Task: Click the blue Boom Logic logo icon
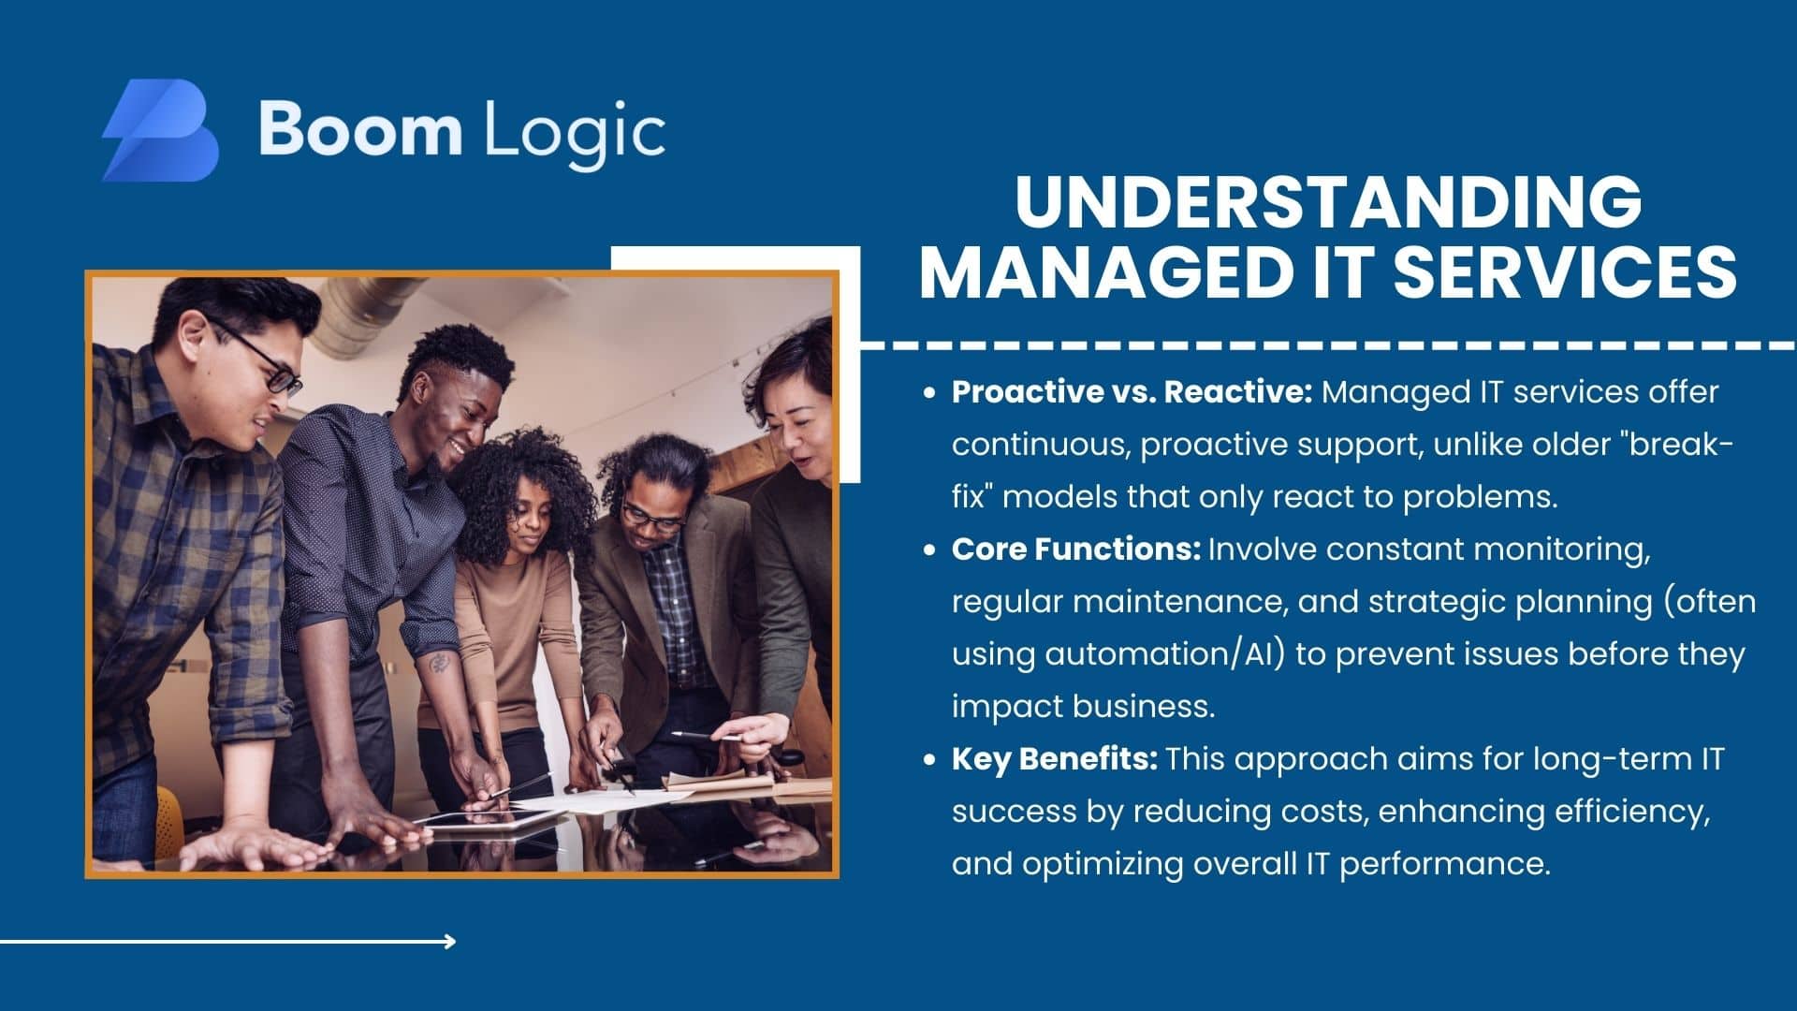click(x=160, y=130)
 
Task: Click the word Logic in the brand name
click(x=575, y=132)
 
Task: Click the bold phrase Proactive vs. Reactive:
click(x=1132, y=392)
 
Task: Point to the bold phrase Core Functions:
click(x=1076, y=549)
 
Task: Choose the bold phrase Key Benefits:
click(x=1055, y=759)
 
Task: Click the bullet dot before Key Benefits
click(x=929, y=760)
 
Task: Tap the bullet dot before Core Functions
click(x=929, y=550)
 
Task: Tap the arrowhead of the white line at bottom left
click(x=450, y=941)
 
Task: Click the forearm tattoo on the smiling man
click(x=438, y=663)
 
